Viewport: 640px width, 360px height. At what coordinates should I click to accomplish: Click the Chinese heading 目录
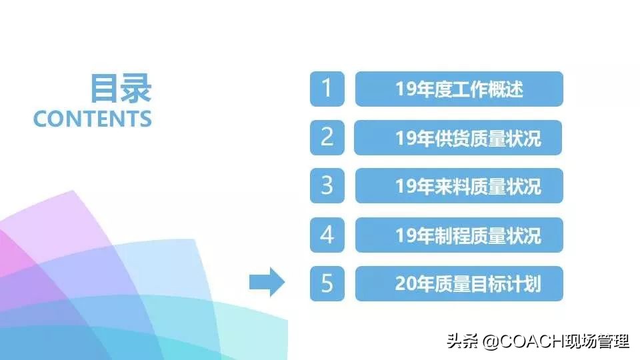(121, 88)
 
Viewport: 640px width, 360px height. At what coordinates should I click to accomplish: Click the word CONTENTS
(93, 119)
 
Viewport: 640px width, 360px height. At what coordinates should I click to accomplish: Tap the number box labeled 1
(327, 89)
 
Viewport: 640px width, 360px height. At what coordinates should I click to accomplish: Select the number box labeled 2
(327, 137)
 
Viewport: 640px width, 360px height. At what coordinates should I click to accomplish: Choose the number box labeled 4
(327, 235)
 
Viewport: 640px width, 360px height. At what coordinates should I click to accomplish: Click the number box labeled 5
(327, 283)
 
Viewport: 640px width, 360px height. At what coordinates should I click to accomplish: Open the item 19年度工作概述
(459, 89)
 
